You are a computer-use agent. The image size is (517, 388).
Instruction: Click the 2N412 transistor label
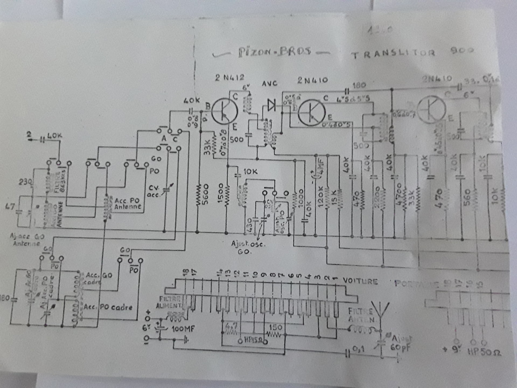point(229,77)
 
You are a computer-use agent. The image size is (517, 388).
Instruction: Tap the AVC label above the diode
point(270,83)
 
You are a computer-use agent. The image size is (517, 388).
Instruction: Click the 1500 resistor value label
point(221,193)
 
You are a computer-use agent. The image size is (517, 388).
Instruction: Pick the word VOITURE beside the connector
point(360,281)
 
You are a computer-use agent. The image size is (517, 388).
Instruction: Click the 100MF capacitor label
point(183,329)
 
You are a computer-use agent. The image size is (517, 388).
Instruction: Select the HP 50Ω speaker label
point(485,352)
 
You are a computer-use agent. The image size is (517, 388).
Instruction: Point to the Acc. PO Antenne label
point(127,204)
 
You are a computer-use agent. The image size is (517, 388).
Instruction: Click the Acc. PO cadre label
point(108,307)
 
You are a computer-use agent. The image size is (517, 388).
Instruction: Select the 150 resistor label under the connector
point(275,327)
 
